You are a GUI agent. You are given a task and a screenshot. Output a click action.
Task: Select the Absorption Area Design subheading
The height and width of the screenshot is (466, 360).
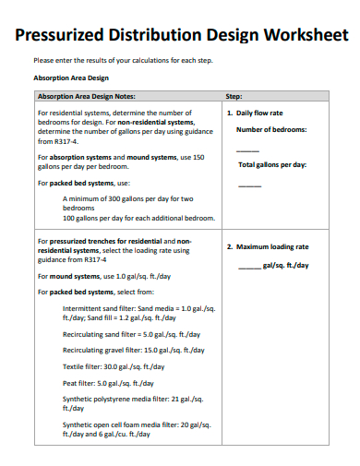pyautogui.click(x=71, y=78)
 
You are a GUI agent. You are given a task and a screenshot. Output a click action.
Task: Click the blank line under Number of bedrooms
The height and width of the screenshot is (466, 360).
pyautogui.click(x=247, y=149)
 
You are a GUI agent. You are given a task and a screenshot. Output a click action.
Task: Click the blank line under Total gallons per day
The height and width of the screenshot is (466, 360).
pyautogui.click(x=249, y=185)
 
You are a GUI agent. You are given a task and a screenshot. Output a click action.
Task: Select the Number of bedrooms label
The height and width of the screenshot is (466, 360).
pyautogui.click(x=271, y=129)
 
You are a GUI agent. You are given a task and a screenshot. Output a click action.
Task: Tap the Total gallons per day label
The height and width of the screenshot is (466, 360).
pyautogui.click(x=272, y=165)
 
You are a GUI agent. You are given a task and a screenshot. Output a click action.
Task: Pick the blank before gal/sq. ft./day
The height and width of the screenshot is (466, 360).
pyautogui.click(x=249, y=266)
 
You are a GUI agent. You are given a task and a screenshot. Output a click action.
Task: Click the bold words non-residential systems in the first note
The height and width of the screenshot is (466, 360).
pyautogui.click(x=156, y=122)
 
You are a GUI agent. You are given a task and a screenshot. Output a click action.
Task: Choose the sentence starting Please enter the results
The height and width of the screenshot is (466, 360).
pyautogui.click(x=123, y=61)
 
